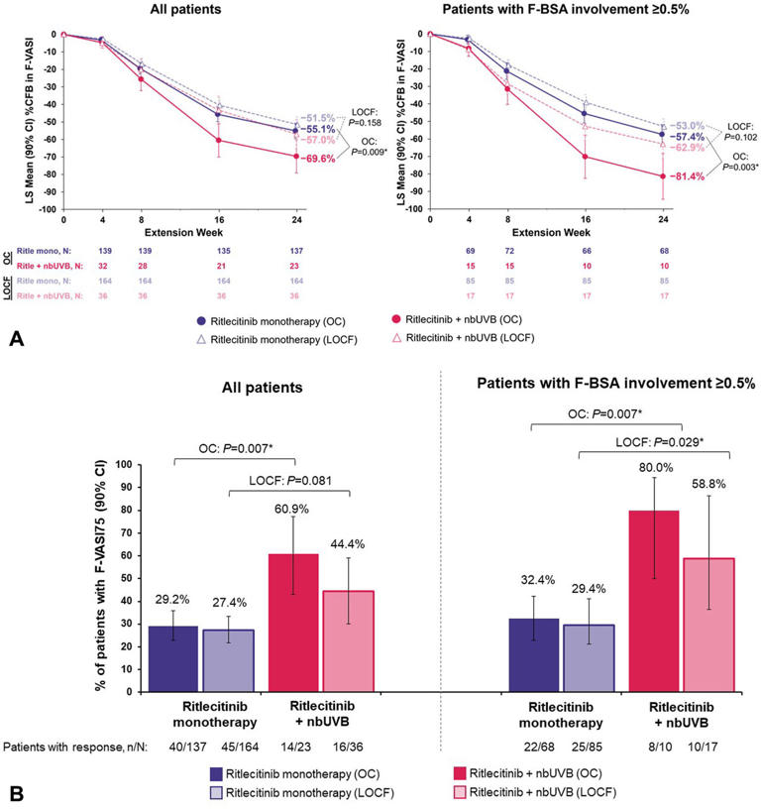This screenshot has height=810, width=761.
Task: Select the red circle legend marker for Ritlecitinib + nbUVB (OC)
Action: click(395, 321)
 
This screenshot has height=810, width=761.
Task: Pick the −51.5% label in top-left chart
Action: click(319, 118)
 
